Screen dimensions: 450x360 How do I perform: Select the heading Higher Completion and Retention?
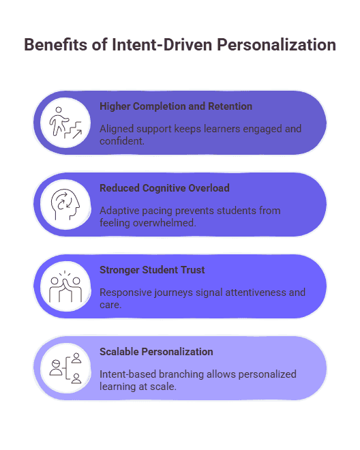point(176,106)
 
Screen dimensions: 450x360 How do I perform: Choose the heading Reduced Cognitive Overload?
point(164,188)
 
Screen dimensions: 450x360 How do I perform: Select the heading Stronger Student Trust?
point(152,270)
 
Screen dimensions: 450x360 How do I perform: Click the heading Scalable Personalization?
point(156,352)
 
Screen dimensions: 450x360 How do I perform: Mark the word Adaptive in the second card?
point(119,210)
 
